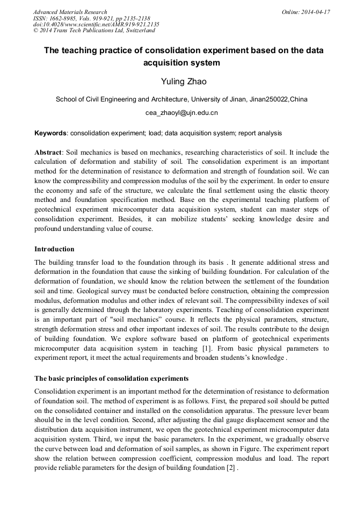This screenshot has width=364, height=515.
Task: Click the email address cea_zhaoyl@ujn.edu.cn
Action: click(x=181, y=113)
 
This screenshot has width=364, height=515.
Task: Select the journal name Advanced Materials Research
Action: click(x=70, y=12)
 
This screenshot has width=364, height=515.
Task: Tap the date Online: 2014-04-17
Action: click(x=305, y=12)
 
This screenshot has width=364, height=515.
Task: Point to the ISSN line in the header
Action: click(x=91, y=18)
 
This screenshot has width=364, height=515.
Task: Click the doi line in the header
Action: click(x=96, y=25)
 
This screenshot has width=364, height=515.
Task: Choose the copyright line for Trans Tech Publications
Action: click(x=94, y=31)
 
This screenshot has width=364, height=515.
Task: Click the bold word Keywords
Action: click(x=50, y=133)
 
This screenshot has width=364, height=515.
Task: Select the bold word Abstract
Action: click(x=48, y=152)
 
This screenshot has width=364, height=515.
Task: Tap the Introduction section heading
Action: click(x=54, y=249)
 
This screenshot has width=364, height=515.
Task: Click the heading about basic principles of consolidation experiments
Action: click(x=111, y=379)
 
